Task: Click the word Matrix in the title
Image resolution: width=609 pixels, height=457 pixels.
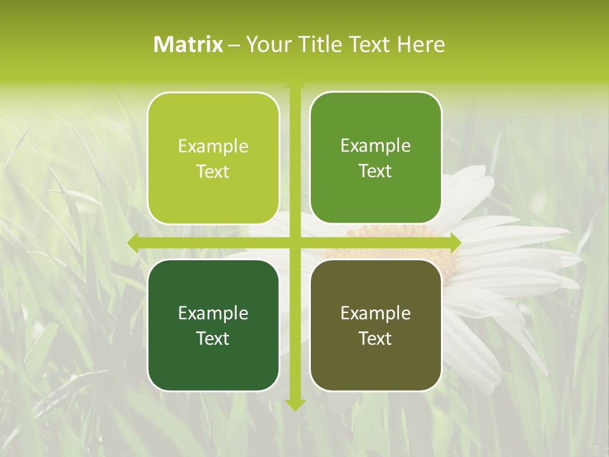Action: click(188, 44)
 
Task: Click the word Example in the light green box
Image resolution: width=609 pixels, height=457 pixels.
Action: click(213, 147)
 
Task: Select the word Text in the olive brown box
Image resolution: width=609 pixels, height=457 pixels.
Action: click(376, 338)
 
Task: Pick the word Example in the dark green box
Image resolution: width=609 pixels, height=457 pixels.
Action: click(213, 313)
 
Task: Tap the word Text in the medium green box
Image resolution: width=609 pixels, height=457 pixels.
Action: click(376, 171)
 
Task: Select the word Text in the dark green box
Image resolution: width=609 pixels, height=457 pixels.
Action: click(213, 338)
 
